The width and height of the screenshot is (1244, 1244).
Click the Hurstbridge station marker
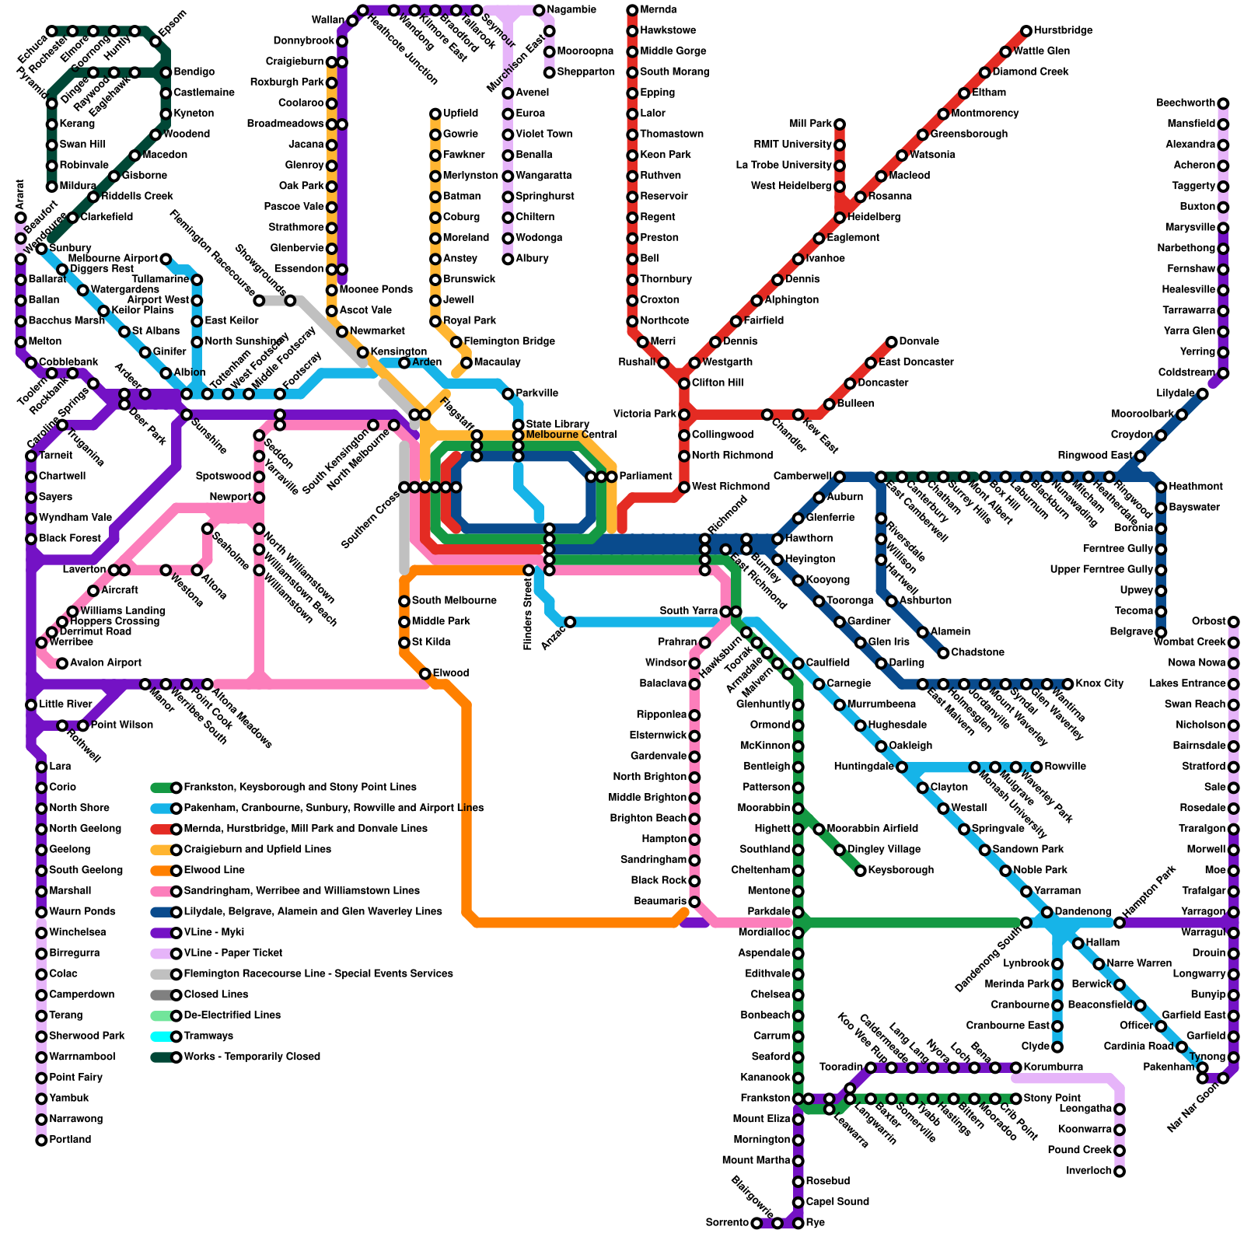[1026, 31]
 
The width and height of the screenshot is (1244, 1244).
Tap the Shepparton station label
[585, 72]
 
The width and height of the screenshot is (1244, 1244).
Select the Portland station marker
[41, 1141]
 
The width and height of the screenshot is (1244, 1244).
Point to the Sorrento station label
[727, 1223]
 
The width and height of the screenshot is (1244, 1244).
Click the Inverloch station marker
[1120, 1172]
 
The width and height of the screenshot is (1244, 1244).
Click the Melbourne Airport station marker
[166, 259]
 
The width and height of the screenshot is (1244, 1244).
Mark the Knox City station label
[1099, 684]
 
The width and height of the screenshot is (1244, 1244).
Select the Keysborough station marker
[861, 871]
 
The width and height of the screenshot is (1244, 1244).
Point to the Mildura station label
[78, 187]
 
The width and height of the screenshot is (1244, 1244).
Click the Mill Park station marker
[840, 124]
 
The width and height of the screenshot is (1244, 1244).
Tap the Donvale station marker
[892, 342]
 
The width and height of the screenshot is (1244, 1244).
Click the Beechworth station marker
[1223, 103]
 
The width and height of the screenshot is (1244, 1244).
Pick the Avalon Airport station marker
[62, 663]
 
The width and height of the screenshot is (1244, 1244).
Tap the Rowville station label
[1065, 767]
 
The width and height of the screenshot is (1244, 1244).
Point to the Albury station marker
[508, 259]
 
